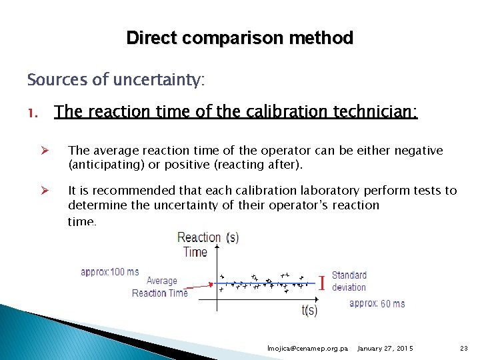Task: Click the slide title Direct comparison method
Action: pos(239,38)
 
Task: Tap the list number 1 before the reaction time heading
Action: pos(32,112)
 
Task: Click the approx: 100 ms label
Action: pos(110,272)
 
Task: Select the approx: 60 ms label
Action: pos(377,303)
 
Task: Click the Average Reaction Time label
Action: pos(160,287)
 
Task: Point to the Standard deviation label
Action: pos(349,281)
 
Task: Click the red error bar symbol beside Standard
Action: pos(322,283)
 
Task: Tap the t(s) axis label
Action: pos(309,310)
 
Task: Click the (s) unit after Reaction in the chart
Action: pos(233,237)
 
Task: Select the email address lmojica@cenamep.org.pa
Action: pos(307,349)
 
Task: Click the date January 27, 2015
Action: pos(385,349)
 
